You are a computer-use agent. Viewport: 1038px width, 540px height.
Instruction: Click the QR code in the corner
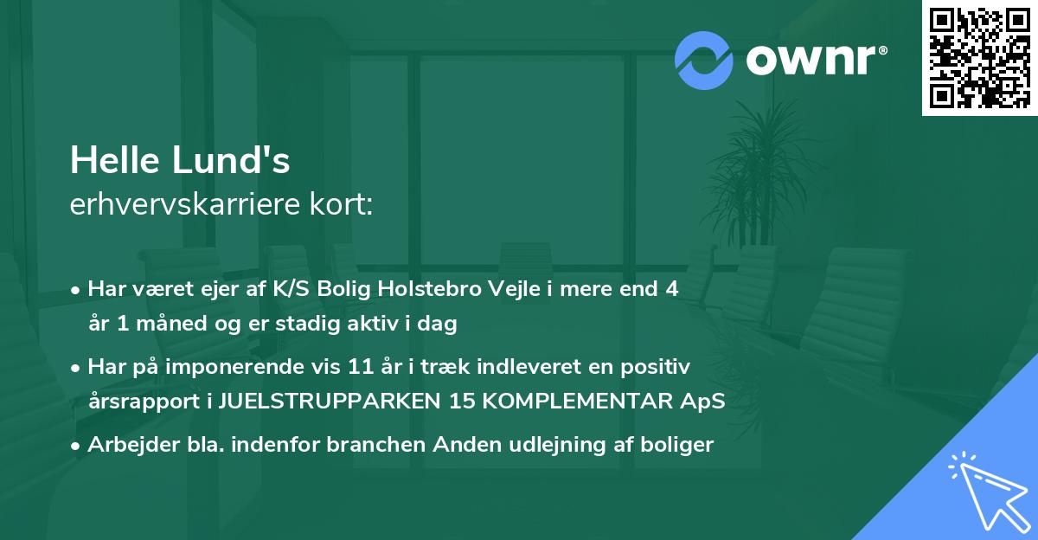coord(979,58)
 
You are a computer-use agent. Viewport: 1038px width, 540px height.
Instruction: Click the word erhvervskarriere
coord(189,205)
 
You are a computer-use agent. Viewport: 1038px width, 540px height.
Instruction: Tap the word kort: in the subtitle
coord(343,205)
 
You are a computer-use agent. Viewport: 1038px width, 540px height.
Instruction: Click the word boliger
coord(681,445)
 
